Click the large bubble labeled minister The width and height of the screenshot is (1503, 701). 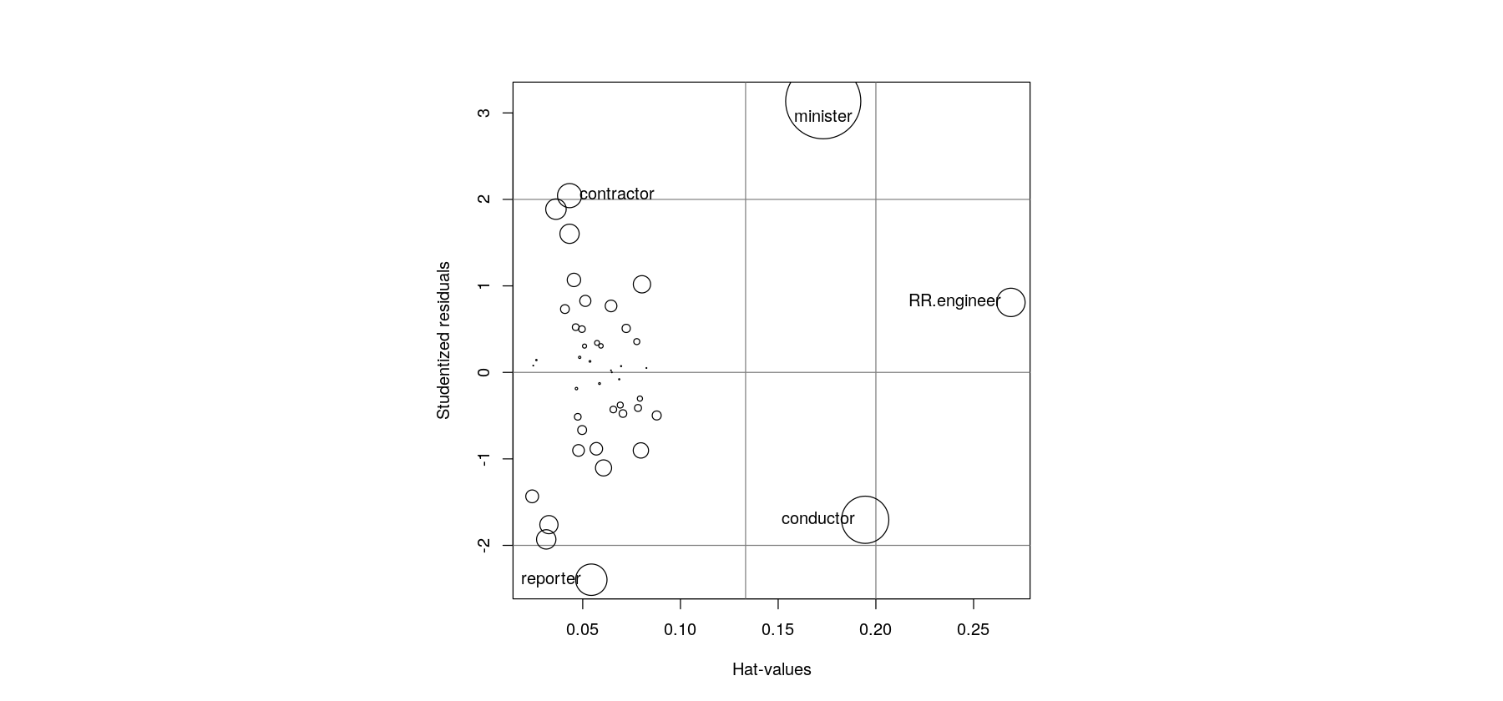coord(822,101)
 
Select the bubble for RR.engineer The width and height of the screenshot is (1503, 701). coord(1010,302)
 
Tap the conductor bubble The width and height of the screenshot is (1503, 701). coord(865,519)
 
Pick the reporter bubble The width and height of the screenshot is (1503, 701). coord(591,579)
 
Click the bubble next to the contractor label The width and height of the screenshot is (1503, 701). coord(569,196)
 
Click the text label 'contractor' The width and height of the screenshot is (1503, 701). coord(616,194)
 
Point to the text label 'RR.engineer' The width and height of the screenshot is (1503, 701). coord(954,300)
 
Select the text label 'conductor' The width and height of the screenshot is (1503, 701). coord(817,518)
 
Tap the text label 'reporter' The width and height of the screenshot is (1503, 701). coord(550,578)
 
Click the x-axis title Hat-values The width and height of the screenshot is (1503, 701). coord(772,669)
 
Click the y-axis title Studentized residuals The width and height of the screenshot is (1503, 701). coord(443,340)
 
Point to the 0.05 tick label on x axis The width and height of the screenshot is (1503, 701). coord(583,630)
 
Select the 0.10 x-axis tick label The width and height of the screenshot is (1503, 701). coord(681,630)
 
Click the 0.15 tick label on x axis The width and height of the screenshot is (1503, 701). coord(778,630)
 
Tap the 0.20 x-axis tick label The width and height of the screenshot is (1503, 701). coord(876,630)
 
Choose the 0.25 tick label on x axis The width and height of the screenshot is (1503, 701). coord(973,630)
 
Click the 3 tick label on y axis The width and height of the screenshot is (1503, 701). coord(484,113)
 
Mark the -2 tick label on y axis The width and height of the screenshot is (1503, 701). coord(484,545)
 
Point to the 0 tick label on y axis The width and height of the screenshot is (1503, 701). coord(484,372)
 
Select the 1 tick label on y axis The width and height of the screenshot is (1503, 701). coord(484,286)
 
